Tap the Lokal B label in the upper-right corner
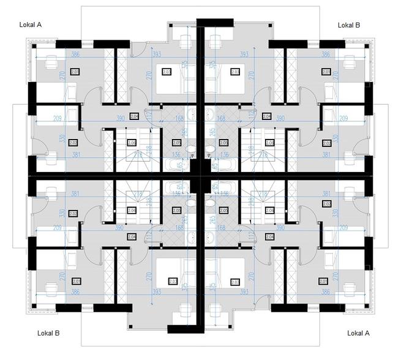[349, 25]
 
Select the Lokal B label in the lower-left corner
[48, 334]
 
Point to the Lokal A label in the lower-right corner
[359, 334]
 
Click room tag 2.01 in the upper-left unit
[75, 72]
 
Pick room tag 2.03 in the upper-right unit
[234, 72]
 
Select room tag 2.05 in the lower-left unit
[176, 211]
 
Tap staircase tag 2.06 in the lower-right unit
[270, 210]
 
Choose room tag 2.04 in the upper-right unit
[266, 116]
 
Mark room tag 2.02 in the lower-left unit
[74, 214]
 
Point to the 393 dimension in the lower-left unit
[156, 293]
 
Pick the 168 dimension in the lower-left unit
[180, 227]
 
